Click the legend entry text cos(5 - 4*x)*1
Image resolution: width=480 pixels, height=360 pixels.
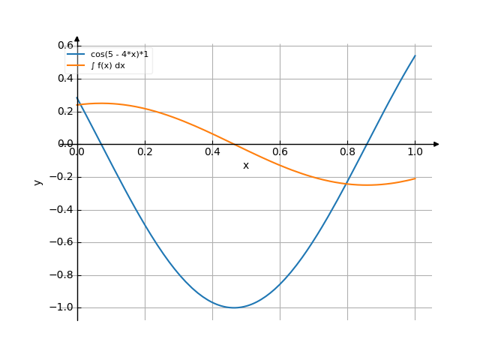[119, 55]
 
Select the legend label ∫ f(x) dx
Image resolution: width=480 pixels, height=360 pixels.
[108, 65]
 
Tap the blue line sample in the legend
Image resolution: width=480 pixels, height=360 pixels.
[76, 54]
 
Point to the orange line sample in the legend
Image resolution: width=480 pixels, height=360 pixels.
[76, 65]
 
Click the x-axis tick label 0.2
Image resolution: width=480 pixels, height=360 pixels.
[145, 151]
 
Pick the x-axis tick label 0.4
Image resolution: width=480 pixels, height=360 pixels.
[212, 151]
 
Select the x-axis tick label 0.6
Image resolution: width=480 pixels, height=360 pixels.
[280, 151]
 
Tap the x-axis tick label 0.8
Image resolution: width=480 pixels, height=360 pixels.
[347, 151]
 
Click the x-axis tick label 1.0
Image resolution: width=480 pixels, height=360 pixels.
[415, 151]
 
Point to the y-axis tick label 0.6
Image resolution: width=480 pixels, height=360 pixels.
[65, 45]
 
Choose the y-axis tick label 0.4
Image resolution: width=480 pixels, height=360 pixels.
[65, 78]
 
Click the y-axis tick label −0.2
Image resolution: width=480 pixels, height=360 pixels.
[61, 177]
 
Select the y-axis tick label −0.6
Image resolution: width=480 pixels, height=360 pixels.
[61, 242]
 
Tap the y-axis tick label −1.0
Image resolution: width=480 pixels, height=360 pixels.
[61, 307]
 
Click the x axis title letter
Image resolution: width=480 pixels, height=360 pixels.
[246, 166]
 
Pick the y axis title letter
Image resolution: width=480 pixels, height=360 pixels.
[38, 182]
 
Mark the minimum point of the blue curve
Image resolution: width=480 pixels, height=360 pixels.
[234, 307]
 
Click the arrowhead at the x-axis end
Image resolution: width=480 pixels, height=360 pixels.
[436, 144]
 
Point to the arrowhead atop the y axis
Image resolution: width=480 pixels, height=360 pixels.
[77, 39]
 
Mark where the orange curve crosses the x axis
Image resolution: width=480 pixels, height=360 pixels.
[234, 144]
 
